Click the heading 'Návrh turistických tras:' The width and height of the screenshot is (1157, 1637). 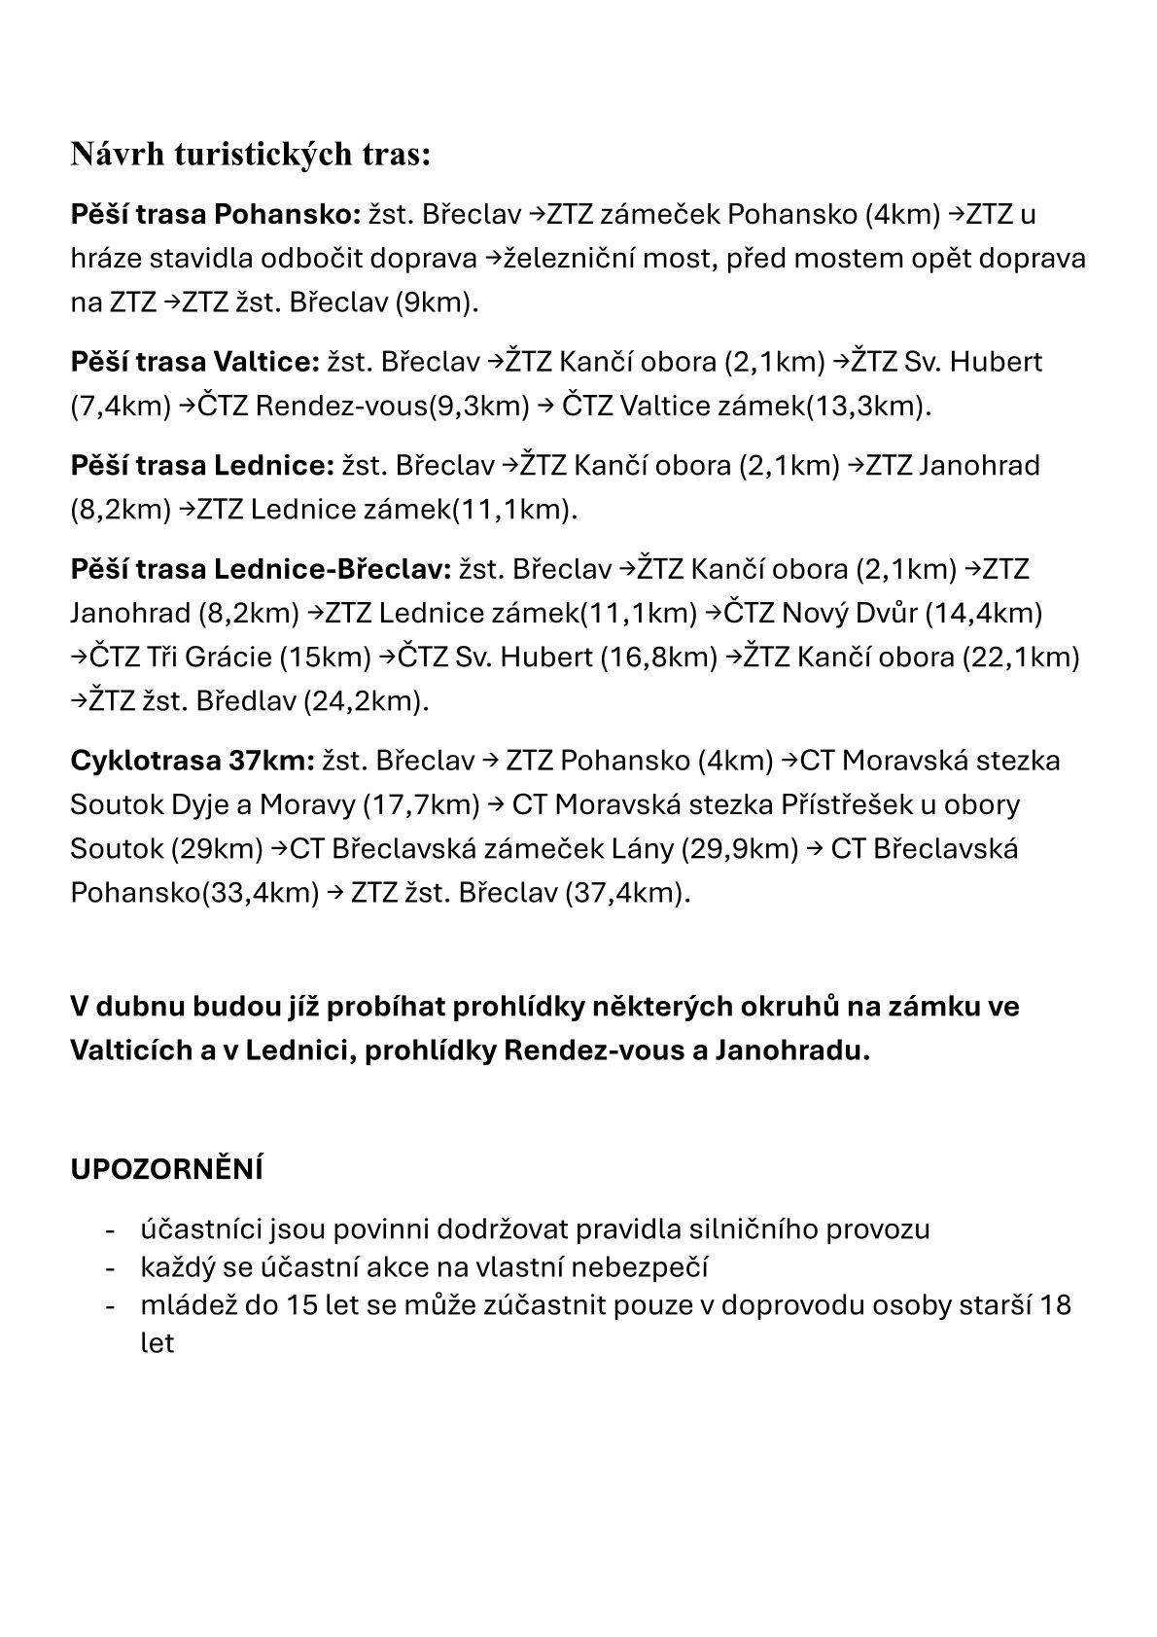coord(250,154)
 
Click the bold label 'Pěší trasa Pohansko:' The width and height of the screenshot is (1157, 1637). coord(216,214)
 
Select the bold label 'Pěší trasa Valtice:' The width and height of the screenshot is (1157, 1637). coord(194,362)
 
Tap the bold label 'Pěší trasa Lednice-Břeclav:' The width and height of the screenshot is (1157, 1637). coord(261,569)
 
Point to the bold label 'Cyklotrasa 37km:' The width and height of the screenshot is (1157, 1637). coord(193,760)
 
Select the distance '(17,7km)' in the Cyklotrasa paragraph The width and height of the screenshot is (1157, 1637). coord(421,804)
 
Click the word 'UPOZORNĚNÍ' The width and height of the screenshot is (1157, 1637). coord(166,1169)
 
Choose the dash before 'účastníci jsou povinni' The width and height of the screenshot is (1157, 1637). coord(112,1229)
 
